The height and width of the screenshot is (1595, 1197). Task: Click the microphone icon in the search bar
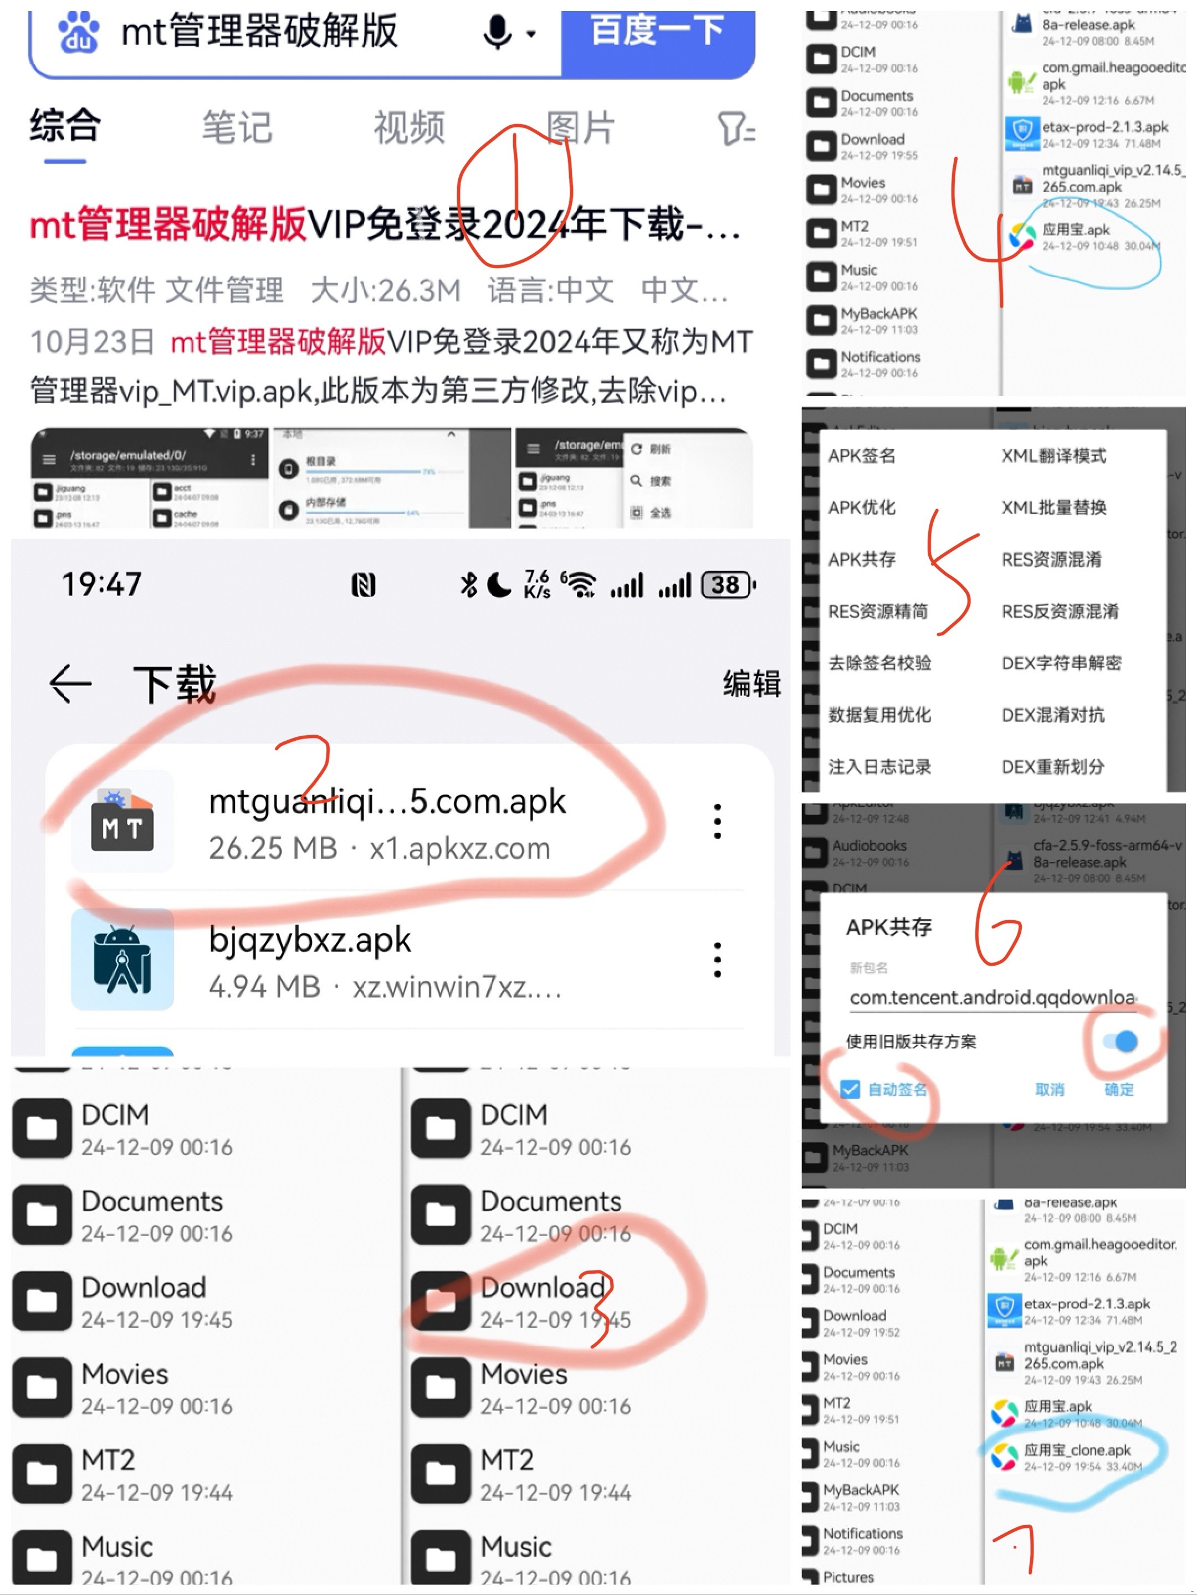[498, 33]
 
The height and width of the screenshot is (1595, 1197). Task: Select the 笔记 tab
[237, 127]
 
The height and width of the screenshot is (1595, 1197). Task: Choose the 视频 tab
[409, 127]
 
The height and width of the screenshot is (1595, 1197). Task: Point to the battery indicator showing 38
[728, 585]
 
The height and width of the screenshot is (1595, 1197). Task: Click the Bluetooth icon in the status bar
[469, 585]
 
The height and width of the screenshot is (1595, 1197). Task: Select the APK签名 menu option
[862, 456]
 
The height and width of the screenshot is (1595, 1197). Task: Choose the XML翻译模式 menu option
[1053, 456]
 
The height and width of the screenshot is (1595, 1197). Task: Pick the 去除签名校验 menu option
[879, 663]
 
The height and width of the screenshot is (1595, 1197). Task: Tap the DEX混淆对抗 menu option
[1053, 715]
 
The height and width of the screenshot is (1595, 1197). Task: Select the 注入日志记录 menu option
[879, 767]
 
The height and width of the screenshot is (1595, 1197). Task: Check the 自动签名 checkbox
[851, 1089]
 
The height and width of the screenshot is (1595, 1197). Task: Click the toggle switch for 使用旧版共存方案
[1120, 1040]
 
